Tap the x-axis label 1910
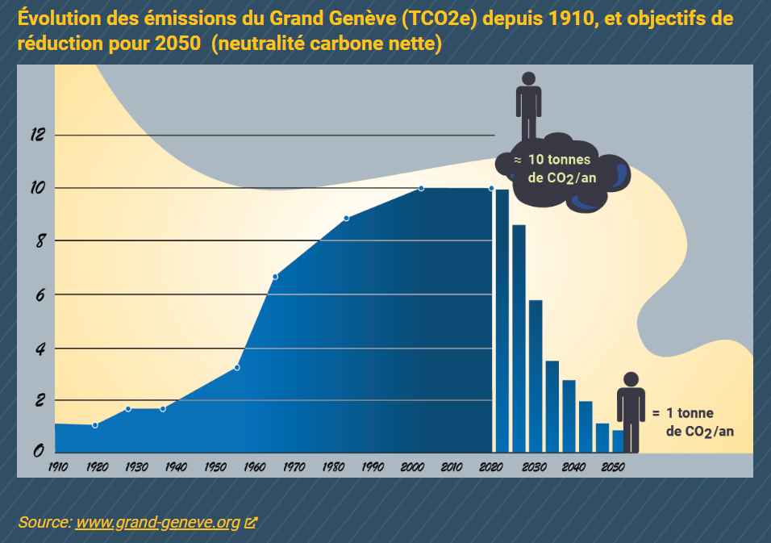click(x=57, y=466)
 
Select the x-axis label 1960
click(x=254, y=466)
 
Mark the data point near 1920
click(x=95, y=425)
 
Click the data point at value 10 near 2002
click(x=421, y=189)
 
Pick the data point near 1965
click(x=275, y=277)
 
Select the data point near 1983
click(x=346, y=218)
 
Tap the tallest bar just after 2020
click(x=502, y=320)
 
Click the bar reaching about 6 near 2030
click(x=536, y=375)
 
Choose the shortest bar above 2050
click(x=618, y=441)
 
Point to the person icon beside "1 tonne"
click(x=631, y=411)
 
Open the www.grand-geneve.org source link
click(x=158, y=523)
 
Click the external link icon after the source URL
click(x=250, y=523)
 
